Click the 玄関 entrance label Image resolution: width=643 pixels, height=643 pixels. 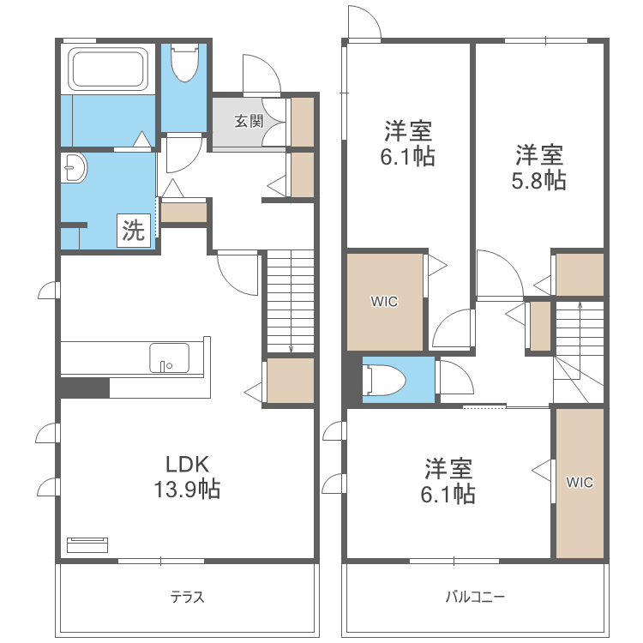[x=249, y=122]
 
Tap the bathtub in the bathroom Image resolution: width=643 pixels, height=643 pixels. [x=108, y=69]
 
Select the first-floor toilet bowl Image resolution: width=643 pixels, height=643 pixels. [x=184, y=63]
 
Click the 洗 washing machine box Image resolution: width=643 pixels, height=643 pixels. [x=134, y=231]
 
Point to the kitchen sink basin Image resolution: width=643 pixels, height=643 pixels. [x=170, y=358]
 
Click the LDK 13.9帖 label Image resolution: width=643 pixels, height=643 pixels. [x=187, y=477]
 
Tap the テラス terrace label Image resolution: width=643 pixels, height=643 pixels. [x=187, y=597]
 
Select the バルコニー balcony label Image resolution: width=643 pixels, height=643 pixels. [x=475, y=597]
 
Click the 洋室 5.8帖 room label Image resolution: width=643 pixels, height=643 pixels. [x=539, y=167]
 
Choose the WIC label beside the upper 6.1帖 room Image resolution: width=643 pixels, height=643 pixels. [x=384, y=302]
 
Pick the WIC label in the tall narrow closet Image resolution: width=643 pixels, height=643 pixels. [x=580, y=482]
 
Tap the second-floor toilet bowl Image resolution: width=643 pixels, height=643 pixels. [x=384, y=380]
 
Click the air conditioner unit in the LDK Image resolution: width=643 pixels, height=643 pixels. [x=87, y=544]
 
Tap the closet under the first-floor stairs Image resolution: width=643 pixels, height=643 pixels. [x=291, y=381]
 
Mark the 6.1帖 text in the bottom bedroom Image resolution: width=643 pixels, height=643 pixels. [x=448, y=494]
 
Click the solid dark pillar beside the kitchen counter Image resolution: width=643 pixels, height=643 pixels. [x=85, y=388]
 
